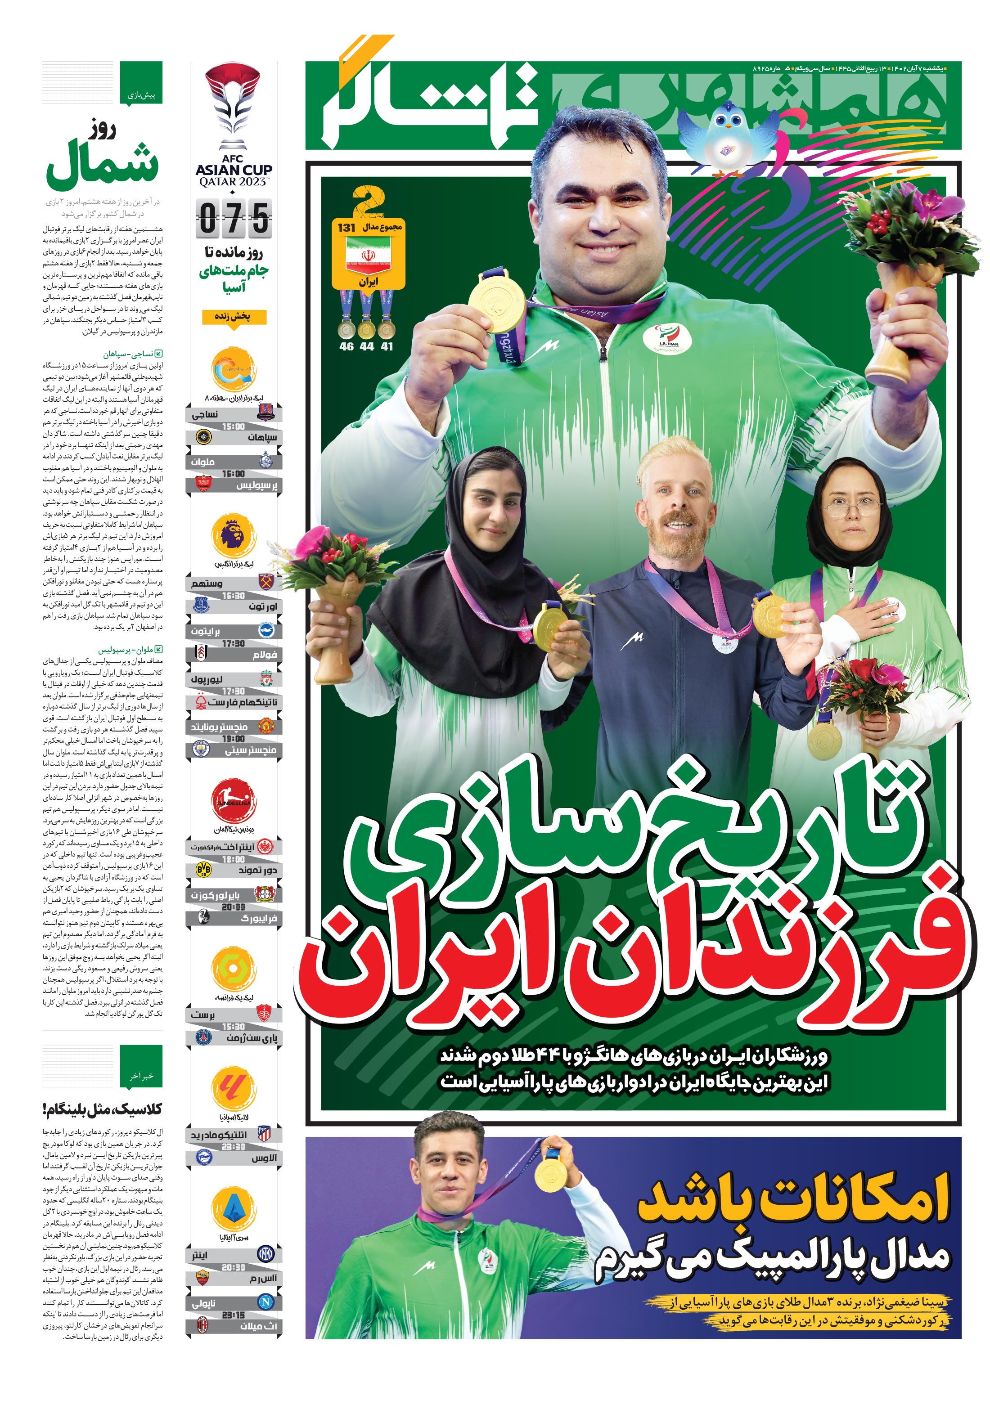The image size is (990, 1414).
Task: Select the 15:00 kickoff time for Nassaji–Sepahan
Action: click(234, 426)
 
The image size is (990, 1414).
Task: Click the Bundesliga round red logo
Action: click(234, 801)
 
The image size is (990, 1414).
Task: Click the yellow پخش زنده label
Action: click(234, 317)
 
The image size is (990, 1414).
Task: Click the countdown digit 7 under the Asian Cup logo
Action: click(234, 218)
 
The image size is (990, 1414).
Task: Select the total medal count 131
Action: click(346, 228)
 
